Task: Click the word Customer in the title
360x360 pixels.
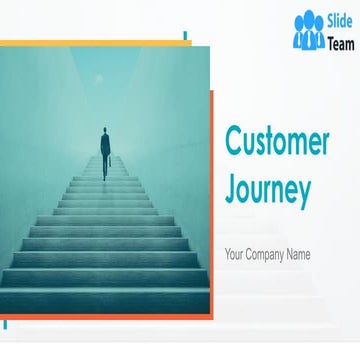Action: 276,144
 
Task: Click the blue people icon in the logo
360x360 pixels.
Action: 309,31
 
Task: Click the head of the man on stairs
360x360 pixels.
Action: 104,129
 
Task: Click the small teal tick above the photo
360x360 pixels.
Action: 186,38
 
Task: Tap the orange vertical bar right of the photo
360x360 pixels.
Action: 212,200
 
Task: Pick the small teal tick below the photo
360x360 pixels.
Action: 5,323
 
